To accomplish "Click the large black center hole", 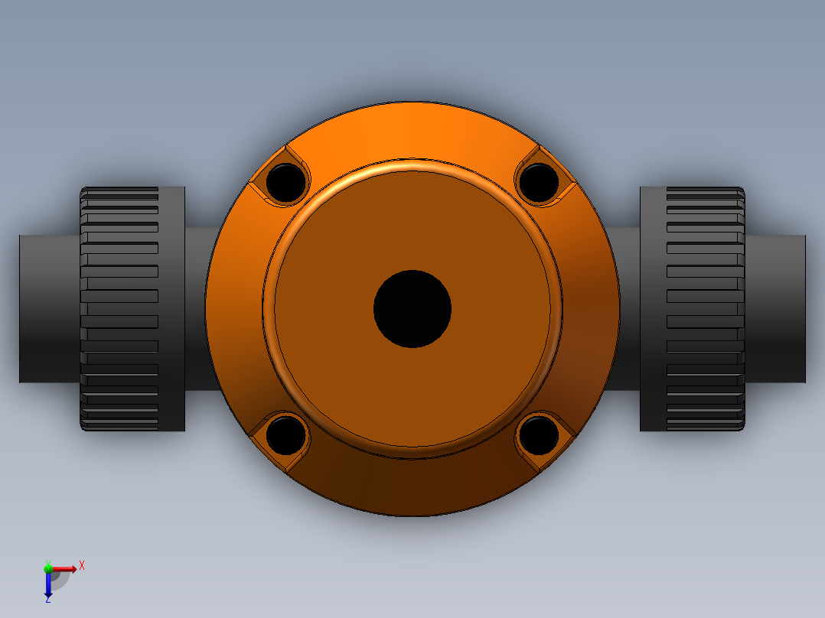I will [x=412, y=309].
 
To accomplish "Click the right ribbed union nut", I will [x=704, y=309].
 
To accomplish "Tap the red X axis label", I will [x=82, y=565].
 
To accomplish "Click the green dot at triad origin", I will [x=48, y=568].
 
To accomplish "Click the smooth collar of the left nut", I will [x=171, y=309].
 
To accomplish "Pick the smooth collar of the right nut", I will [x=653, y=309].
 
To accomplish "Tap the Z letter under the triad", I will [x=47, y=599].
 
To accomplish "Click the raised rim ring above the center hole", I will [x=412, y=164].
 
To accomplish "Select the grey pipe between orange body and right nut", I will [x=629, y=309].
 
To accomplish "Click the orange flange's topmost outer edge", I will [x=412, y=103].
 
